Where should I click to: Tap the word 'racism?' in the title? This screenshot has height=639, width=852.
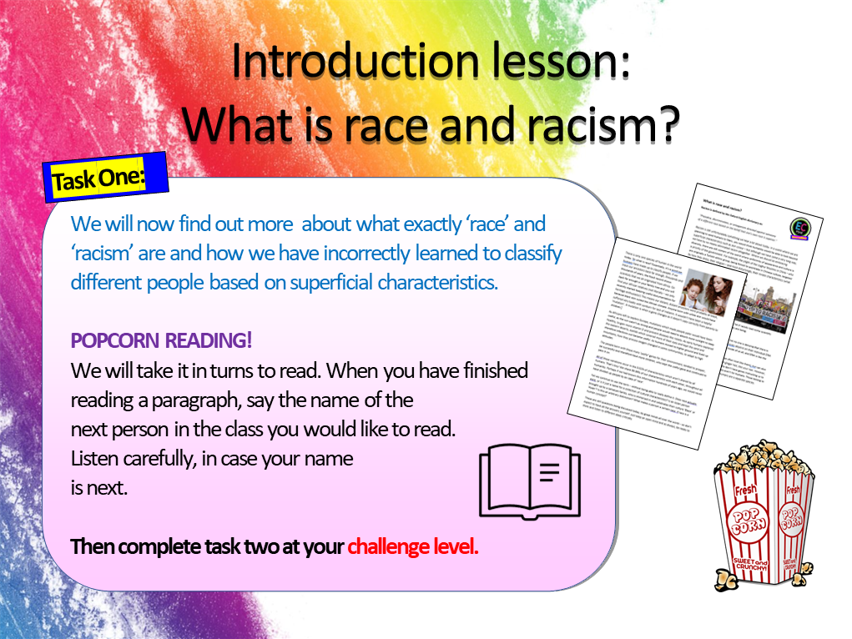coord(591,124)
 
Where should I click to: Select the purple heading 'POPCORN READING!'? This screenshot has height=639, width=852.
coord(162,340)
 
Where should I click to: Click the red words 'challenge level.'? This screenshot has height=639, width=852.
coord(413,547)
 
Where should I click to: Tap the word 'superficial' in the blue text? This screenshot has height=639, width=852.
coord(322,282)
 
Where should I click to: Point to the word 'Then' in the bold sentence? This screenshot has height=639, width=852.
coord(92,547)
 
